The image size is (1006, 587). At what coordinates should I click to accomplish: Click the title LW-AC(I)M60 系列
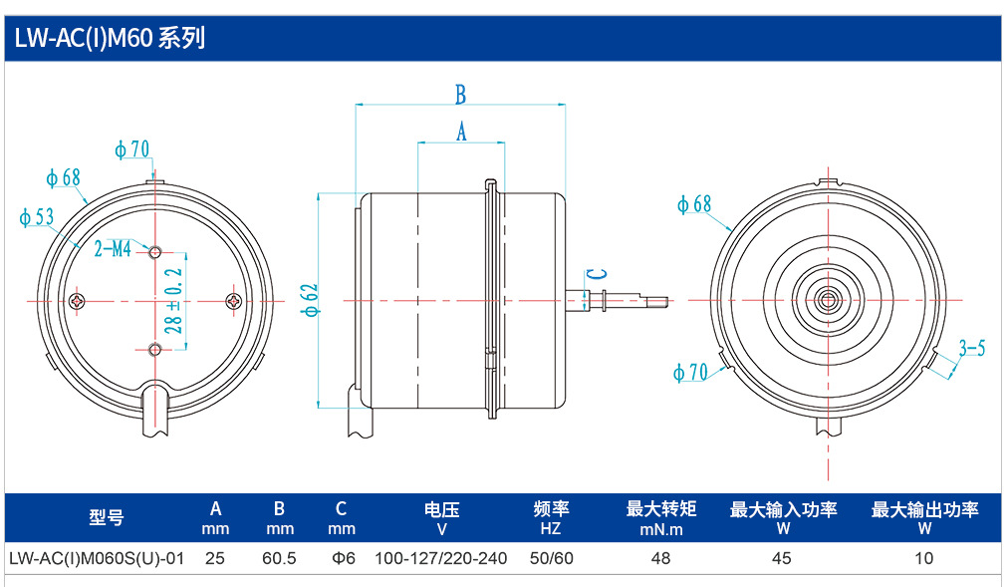(x=110, y=39)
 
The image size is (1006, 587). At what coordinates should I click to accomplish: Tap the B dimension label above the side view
(x=460, y=95)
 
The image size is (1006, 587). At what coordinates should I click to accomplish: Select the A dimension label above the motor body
(x=461, y=132)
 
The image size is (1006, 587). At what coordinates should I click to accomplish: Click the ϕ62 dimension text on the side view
(x=310, y=300)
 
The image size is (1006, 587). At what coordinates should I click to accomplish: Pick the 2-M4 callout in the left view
(x=113, y=248)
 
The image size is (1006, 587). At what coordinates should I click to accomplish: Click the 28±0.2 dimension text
(x=173, y=301)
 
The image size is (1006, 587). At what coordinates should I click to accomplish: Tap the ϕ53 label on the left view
(x=37, y=217)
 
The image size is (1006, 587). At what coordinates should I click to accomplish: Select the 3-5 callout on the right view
(x=971, y=348)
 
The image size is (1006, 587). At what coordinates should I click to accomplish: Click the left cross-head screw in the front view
(x=78, y=301)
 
